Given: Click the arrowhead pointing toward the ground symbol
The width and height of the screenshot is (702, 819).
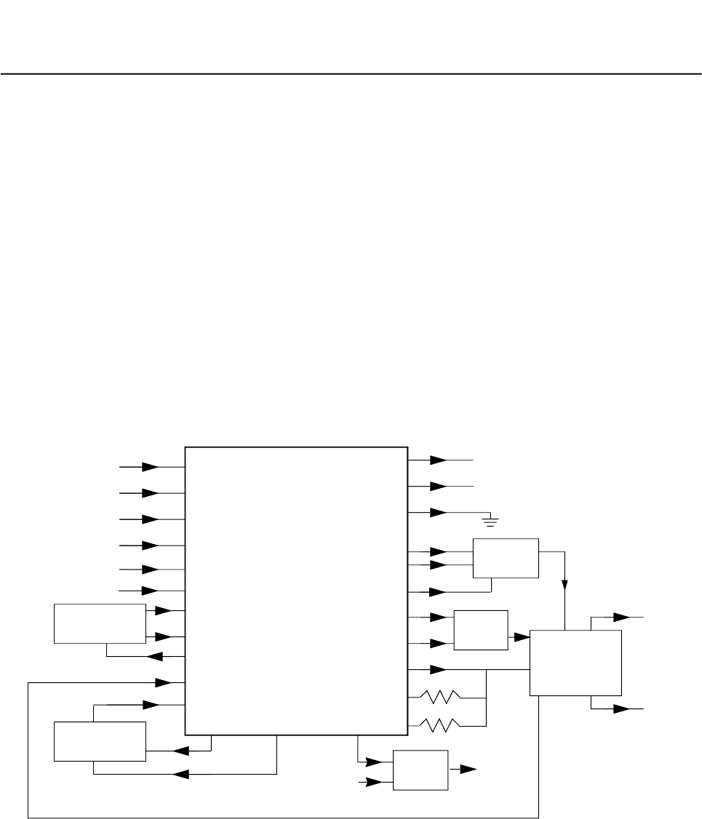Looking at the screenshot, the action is click(438, 513).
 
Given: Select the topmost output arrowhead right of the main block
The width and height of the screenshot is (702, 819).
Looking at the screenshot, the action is click(438, 460).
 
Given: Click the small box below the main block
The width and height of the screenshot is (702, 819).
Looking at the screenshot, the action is click(420, 770).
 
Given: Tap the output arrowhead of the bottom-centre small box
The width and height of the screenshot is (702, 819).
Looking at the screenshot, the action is click(468, 768).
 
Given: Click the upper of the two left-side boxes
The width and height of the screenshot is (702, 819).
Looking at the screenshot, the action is click(100, 623).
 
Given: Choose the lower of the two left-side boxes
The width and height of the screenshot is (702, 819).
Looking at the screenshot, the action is click(100, 741).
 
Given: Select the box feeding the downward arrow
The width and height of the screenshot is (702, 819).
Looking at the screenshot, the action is click(506, 559).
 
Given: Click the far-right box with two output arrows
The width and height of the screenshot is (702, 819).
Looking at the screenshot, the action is click(575, 663).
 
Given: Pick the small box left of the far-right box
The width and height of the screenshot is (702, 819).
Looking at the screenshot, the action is click(481, 630).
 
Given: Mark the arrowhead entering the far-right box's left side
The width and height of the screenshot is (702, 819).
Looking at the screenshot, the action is click(521, 637).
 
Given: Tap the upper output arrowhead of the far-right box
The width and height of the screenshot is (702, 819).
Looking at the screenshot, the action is click(621, 618).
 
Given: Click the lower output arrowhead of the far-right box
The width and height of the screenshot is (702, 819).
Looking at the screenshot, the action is click(621, 708).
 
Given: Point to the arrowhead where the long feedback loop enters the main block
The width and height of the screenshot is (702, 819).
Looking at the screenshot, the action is click(162, 682).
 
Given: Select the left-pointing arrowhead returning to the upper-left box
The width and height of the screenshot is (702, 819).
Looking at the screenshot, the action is click(154, 657).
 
